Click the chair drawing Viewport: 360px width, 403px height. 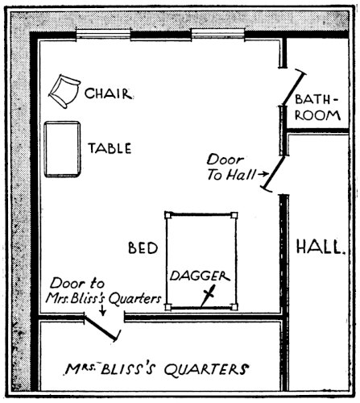coord(64,91)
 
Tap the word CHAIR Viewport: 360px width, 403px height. coord(109,93)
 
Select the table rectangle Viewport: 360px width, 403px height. coord(62,149)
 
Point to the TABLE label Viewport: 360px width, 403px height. coord(110,148)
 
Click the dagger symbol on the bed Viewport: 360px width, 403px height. coord(208,296)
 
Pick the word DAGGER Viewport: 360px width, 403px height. coord(200,276)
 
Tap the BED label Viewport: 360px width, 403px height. coord(143,247)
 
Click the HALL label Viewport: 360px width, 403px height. coord(321,247)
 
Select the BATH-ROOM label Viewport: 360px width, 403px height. coord(317,107)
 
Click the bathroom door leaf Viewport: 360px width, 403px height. coord(293,88)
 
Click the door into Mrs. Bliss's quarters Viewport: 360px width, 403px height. coord(102,327)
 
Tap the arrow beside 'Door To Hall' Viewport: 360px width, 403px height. coord(263,174)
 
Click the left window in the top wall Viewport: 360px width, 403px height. coord(103,35)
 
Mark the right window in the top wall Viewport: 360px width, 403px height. coord(218,35)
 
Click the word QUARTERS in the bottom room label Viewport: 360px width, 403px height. coord(206,369)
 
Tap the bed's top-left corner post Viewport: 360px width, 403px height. coord(168,215)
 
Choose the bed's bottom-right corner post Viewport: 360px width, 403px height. coord(234,306)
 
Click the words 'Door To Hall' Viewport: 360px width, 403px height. coord(231,168)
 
